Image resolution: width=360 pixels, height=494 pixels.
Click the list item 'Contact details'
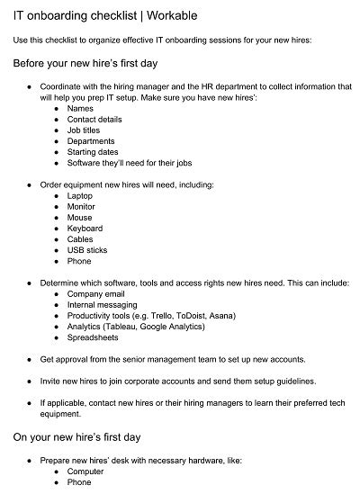point(94,119)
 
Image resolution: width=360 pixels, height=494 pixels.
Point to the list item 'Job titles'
point(85,130)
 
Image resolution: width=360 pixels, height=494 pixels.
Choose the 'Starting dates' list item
point(93,152)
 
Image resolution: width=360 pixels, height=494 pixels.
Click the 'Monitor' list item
point(82,206)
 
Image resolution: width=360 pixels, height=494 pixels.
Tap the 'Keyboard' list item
point(85,229)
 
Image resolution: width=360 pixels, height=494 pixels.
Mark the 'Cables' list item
point(81,239)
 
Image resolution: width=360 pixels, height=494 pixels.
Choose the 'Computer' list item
point(85,471)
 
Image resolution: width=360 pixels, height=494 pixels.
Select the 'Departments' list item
point(91,141)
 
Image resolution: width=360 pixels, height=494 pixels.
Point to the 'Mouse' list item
point(79,217)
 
